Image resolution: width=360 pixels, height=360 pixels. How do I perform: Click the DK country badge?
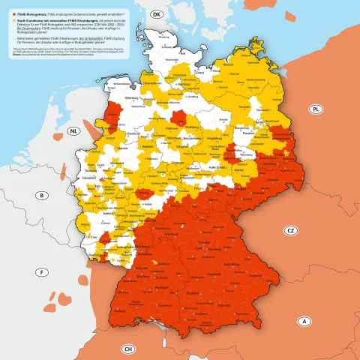point(157,15)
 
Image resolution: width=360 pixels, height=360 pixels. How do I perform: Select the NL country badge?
point(73,131)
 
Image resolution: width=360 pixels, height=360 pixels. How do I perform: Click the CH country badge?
point(128,349)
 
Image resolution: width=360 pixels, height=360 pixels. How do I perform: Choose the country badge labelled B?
point(43,196)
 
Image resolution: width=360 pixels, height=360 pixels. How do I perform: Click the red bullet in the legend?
point(11,14)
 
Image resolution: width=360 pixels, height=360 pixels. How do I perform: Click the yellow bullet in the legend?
point(11,22)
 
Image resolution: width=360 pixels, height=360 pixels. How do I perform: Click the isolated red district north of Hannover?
point(180,117)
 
